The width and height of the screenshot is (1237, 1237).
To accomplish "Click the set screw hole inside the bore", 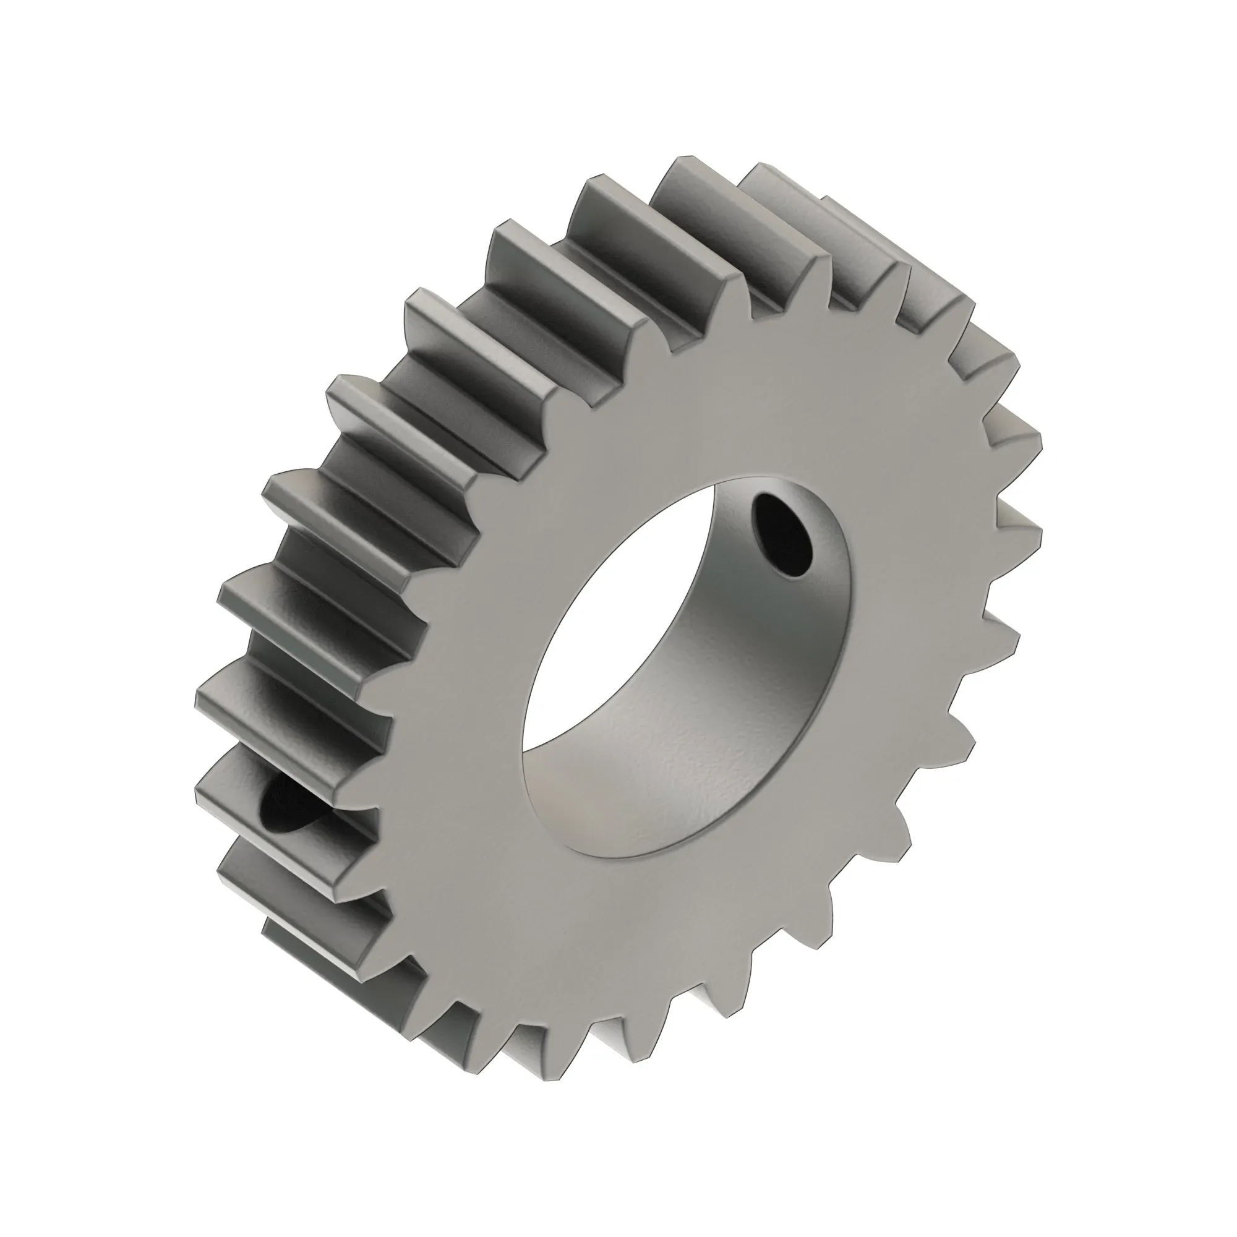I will [782, 536].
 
